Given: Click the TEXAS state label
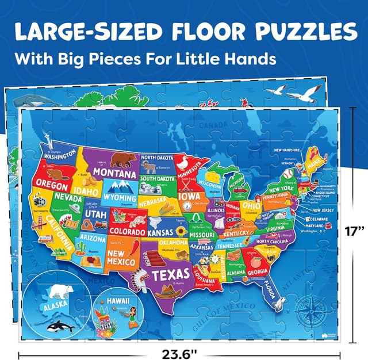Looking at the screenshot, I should point(171,274).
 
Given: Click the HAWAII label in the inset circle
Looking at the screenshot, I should point(117,301).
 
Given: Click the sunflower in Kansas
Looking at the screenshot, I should point(182,231).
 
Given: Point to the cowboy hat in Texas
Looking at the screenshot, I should point(170,292).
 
